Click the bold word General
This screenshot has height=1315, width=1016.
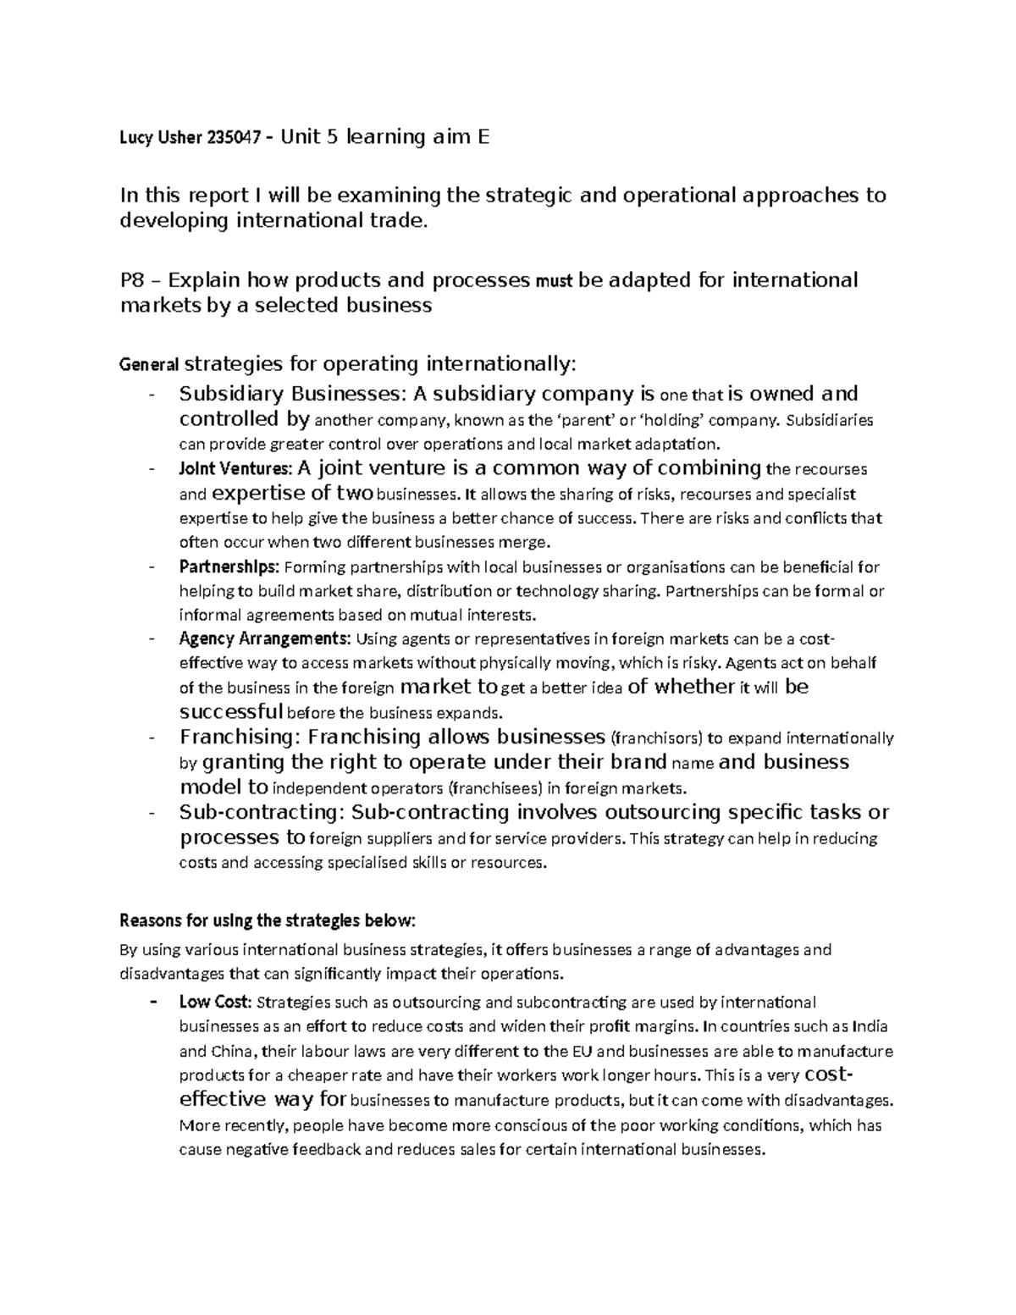point(150,366)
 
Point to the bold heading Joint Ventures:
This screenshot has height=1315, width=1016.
point(235,469)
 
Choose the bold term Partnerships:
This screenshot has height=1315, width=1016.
point(228,566)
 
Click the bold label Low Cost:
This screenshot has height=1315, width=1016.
point(215,1003)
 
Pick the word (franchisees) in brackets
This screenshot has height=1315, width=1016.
point(494,788)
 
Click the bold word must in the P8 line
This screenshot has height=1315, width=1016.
point(555,282)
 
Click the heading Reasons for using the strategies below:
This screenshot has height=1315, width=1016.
point(269,920)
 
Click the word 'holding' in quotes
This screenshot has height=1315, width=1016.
point(674,420)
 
